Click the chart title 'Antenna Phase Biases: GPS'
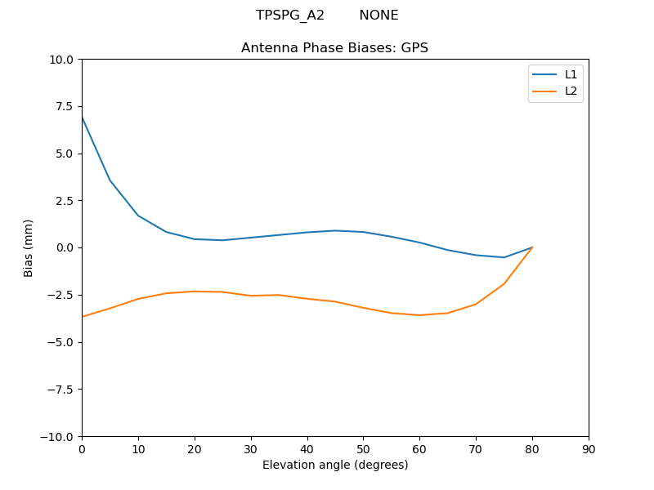[x=334, y=48]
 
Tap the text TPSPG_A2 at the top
[x=290, y=16]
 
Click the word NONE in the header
[x=379, y=16]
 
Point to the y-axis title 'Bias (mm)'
[x=29, y=247]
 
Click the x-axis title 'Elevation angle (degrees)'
[x=335, y=465]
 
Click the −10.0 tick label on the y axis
[x=59, y=436]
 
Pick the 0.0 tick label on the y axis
[x=65, y=247]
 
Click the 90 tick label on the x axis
[x=589, y=449]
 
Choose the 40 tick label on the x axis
[x=307, y=449]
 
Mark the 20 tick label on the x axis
[x=195, y=449]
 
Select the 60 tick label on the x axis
[x=419, y=449]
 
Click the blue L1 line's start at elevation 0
[x=82, y=118]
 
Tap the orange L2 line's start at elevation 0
[x=82, y=317]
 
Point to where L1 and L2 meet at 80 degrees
[x=532, y=247]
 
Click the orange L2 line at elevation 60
[x=419, y=315]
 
